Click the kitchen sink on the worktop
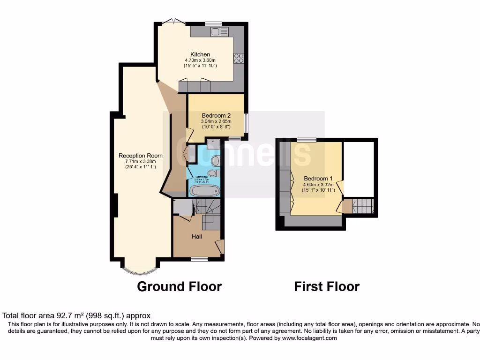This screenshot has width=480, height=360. point(219,31)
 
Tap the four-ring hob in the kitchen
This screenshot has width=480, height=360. point(239,58)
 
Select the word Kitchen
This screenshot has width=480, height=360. point(200,54)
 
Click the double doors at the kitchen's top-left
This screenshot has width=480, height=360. point(170,22)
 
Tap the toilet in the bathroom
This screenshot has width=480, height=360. point(213,173)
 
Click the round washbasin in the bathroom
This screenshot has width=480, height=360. point(216,161)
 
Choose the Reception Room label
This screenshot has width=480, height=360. point(141,156)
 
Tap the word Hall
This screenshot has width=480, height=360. point(197,237)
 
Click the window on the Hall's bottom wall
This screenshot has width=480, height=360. point(199,259)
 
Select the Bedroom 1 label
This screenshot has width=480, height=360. point(318,179)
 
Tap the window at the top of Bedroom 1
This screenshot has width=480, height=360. point(306,139)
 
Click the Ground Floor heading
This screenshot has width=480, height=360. point(179,286)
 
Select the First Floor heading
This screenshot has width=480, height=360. point(327,286)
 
